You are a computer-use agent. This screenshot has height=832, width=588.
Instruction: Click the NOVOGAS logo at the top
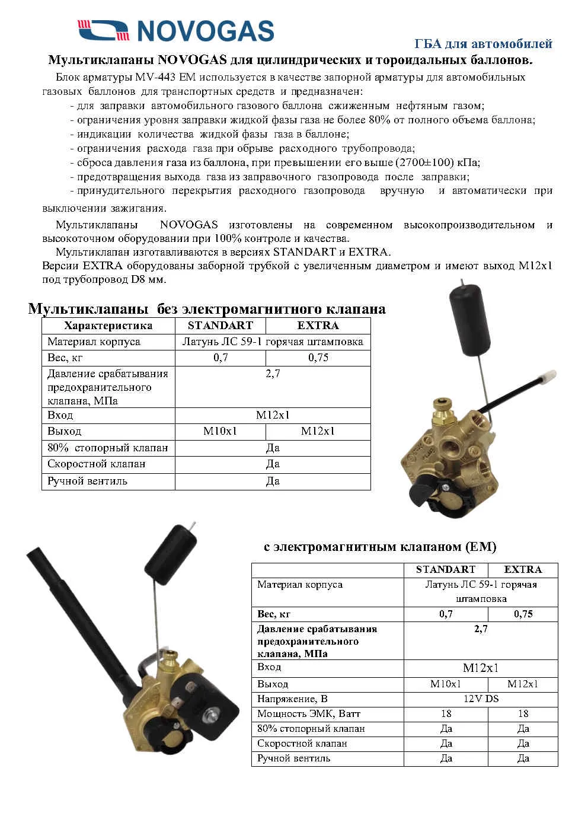175,30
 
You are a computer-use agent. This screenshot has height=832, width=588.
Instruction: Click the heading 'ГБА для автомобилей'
482,44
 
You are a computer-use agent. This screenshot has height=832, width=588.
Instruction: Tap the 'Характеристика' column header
108,326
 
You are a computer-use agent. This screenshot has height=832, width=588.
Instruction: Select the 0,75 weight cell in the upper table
318,358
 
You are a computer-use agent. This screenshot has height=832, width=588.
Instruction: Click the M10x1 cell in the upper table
220,431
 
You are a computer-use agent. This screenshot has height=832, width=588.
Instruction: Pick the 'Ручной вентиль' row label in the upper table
87,481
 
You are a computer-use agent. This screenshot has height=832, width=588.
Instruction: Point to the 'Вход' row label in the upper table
60,415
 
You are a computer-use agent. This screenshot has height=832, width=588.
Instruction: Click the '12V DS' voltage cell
481,699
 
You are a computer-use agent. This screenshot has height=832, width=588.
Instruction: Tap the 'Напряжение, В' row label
292,699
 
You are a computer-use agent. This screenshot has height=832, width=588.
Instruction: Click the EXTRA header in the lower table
523,569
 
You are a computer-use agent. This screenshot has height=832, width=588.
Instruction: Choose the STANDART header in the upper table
220,326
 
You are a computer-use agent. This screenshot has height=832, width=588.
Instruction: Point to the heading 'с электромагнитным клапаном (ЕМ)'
380,546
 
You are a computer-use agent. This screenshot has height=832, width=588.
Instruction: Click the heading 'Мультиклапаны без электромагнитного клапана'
207,309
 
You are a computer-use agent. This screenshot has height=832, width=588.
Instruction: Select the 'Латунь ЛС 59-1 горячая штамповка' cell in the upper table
273,342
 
